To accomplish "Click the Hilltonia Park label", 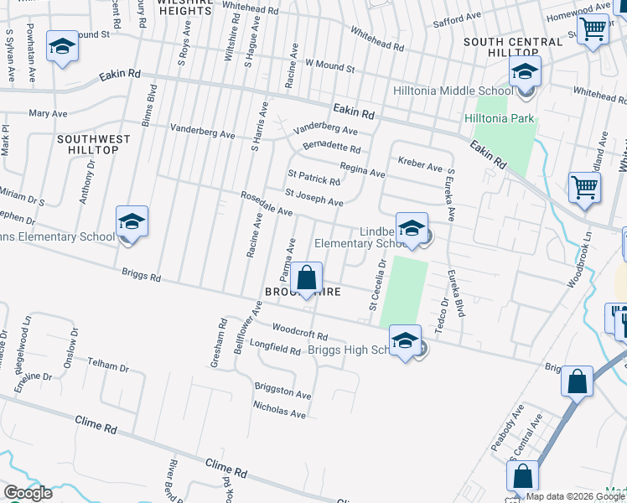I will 499,118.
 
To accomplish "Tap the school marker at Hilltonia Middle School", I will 525,73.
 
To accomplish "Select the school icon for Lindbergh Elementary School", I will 412,229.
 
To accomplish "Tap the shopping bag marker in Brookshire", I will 307,278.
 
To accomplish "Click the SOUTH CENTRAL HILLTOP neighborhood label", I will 512,47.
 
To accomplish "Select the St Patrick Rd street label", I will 313,179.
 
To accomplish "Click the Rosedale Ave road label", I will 266,206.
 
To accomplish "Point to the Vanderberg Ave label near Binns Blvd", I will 202,132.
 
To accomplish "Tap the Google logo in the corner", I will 27,493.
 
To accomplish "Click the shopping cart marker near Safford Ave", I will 592,29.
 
